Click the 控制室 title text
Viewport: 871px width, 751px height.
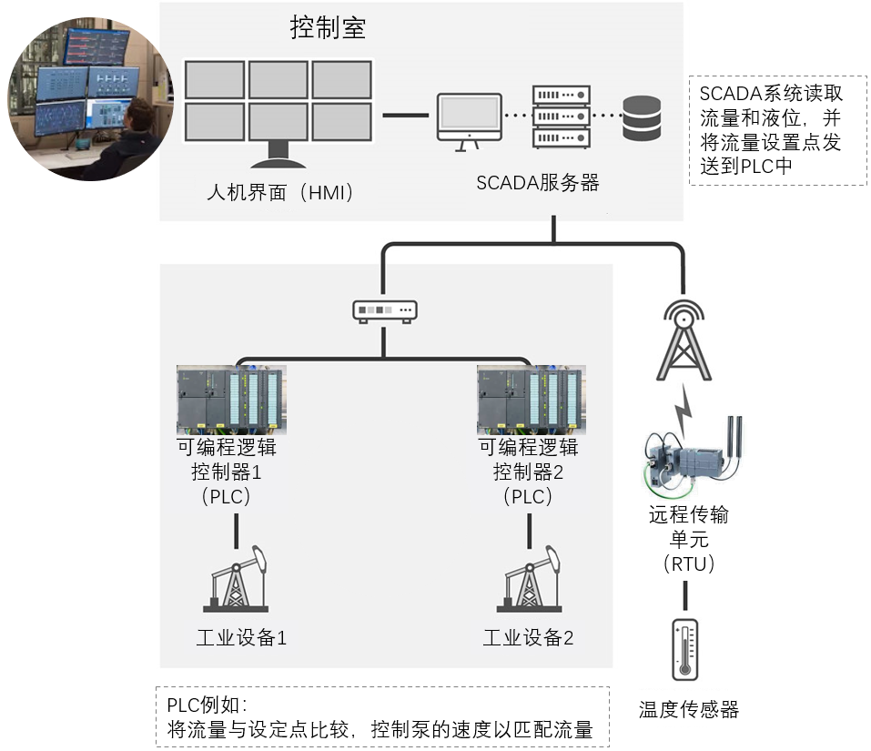[329, 28]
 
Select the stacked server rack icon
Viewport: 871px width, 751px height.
[560, 116]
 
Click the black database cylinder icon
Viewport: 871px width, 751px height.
[642, 117]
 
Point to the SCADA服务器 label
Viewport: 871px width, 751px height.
[538, 182]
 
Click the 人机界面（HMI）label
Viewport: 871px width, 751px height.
[279, 193]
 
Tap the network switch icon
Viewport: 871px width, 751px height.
[384, 311]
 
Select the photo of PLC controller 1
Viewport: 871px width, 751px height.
[231, 400]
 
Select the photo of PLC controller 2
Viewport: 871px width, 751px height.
[531, 400]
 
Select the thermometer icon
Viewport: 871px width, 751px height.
[684, 649]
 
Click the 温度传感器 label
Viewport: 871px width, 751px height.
[688, 710]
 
